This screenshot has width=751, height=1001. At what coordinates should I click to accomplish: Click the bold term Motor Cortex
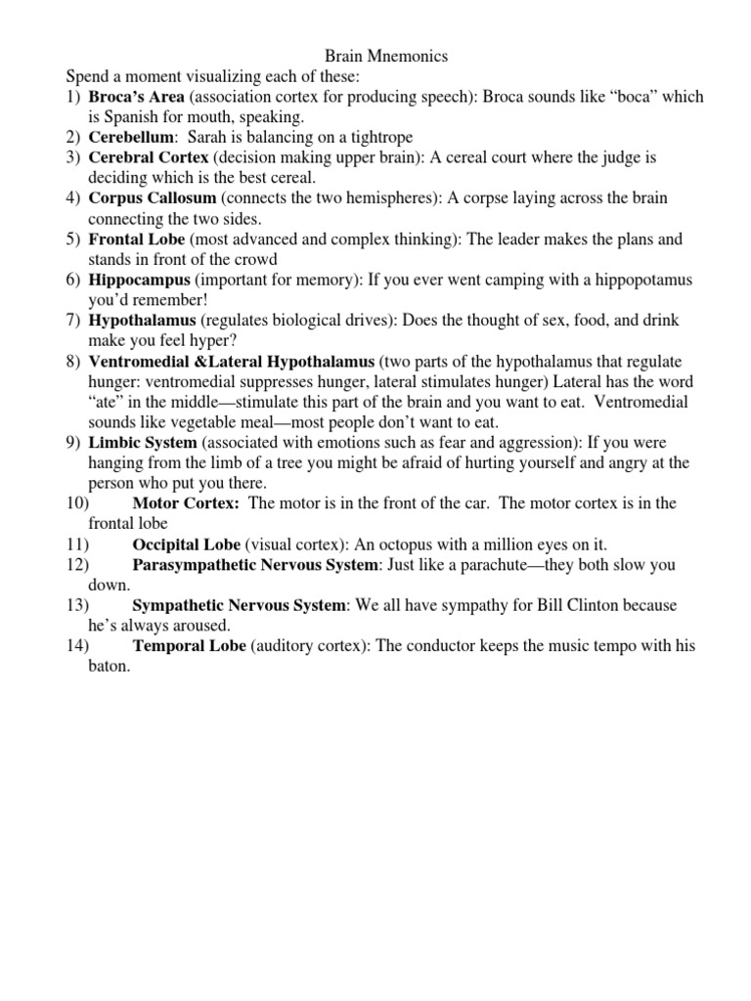click(x=186, y=503)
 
